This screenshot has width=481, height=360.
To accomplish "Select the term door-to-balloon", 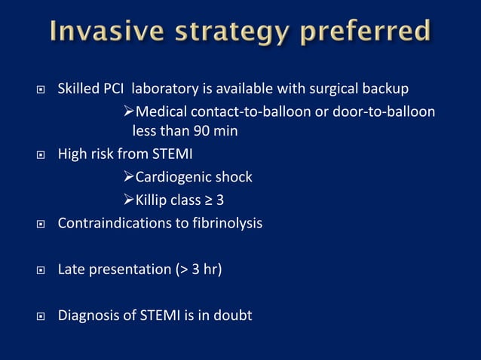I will tap(384, 111).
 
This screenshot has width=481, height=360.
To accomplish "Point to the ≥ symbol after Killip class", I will tap(209, 200).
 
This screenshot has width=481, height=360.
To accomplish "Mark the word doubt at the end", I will tap(233, 314).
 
